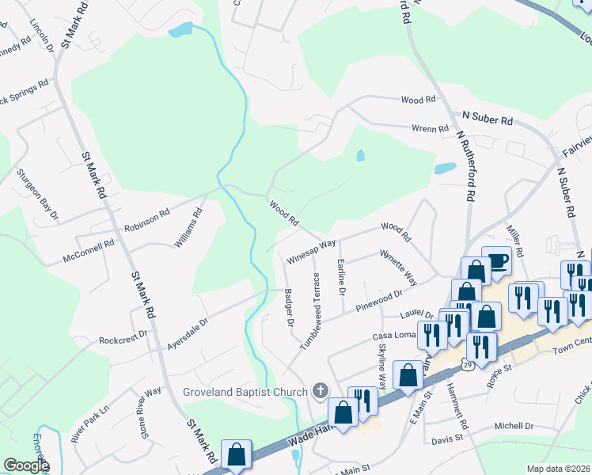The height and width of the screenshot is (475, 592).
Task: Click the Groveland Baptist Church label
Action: tap(249, 391)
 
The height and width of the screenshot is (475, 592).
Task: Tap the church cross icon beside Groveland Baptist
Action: tap(321, 390)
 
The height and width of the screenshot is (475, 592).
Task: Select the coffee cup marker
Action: tap(497, 262)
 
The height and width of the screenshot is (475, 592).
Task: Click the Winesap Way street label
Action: tap(312, 250)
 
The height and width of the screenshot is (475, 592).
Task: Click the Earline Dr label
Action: tap(342, 277)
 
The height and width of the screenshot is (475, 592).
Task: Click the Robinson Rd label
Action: tap(146, 218)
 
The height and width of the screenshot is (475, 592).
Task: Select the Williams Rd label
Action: tap(188, 227)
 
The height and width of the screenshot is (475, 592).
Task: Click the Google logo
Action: tap(26, 465)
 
